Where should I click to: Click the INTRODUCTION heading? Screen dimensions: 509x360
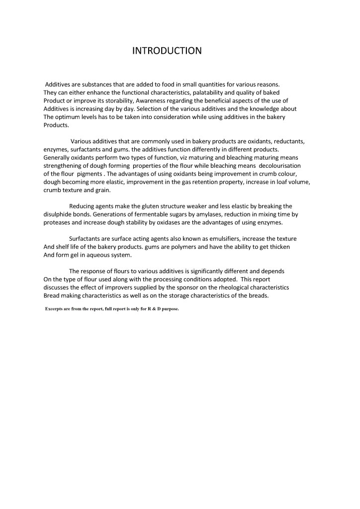click(x=167, y=51)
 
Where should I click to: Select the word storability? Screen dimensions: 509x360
click(x=115, y=101)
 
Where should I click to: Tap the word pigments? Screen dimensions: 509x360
click(x=90, y=174)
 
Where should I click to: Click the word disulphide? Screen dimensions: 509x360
click(x=61, y=214)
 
